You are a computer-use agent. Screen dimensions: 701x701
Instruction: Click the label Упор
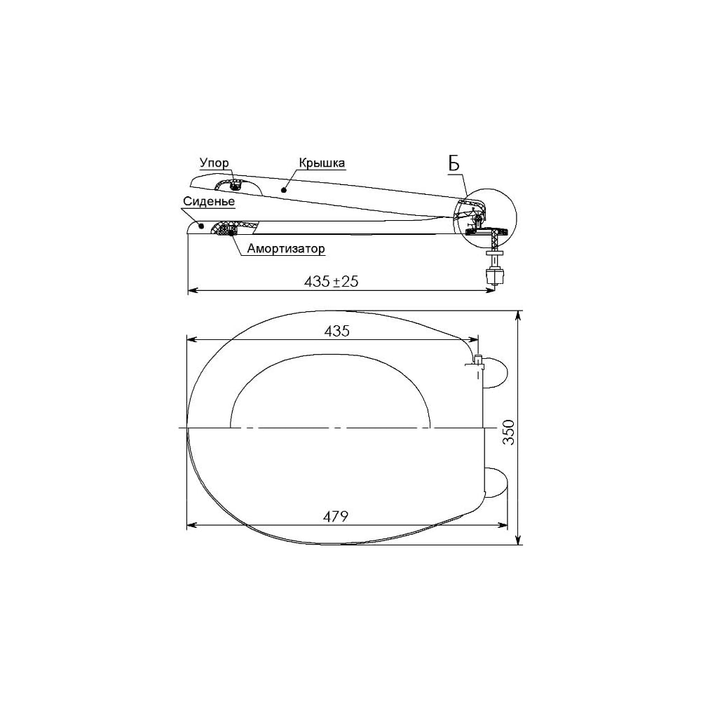click(214, 163)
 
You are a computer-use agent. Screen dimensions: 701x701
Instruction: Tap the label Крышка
click(322, 163)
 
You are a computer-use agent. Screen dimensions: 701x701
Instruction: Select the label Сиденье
click(208, 201)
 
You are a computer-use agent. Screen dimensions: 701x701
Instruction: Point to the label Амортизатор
click(286, 248)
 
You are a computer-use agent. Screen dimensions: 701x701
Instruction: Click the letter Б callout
click(454, 165)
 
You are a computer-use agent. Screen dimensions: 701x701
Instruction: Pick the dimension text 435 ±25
click(332, 281)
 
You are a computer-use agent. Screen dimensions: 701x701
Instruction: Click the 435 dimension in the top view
click(336, 331)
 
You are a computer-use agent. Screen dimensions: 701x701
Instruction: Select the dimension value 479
click(335, 517)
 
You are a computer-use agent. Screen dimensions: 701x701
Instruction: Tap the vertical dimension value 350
click(509, 433)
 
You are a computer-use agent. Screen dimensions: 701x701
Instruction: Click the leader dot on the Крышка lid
click(283, 190)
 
